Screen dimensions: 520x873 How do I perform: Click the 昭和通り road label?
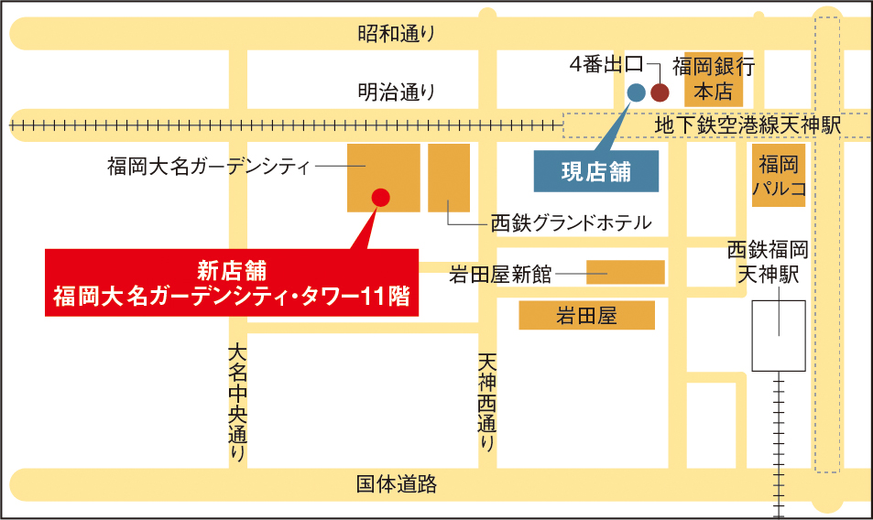click(396, 35)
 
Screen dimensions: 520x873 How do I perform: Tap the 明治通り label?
click(396, 92)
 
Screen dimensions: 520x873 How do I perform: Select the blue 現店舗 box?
click(596, 172)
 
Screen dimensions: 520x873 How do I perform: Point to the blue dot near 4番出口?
click(636, 92)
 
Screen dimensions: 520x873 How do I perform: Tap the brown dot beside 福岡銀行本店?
click(660, 92)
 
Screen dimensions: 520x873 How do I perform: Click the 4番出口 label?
click(605, 65)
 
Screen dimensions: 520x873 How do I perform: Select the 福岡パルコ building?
click(779, 175)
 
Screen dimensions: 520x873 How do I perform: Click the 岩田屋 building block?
click(586, 317)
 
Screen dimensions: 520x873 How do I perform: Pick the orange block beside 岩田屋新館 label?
click(625, 272)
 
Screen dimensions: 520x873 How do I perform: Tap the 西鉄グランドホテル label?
click(570, 222)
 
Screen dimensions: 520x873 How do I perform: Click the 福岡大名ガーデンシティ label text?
click(209, 166)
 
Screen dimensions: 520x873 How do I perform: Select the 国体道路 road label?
click(396, 484)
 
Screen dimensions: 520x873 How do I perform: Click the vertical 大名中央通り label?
click(237, 403)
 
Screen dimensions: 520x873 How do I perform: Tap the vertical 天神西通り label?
click(486, 404)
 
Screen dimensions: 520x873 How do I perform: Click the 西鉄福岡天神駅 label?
click(768, 261)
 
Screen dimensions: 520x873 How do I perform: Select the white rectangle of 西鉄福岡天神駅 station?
click(779, 335)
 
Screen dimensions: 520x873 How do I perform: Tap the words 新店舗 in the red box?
click(232, 269)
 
